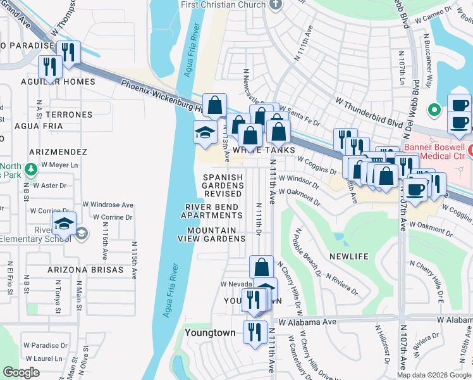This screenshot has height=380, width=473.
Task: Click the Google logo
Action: point(21,372)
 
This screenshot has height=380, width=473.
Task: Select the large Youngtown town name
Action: point(209,332)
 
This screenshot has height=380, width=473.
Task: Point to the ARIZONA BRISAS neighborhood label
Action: point(85,269)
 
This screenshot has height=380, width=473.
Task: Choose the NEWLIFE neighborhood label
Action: point(348,256)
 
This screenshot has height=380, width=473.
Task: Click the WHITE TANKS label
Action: point(264,150)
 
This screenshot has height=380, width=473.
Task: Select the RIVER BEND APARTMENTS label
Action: point(211,212)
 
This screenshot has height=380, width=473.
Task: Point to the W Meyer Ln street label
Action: point(59,165)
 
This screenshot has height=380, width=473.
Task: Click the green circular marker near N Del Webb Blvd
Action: point(434,110)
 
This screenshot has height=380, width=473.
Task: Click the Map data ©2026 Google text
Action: point(434,375)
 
